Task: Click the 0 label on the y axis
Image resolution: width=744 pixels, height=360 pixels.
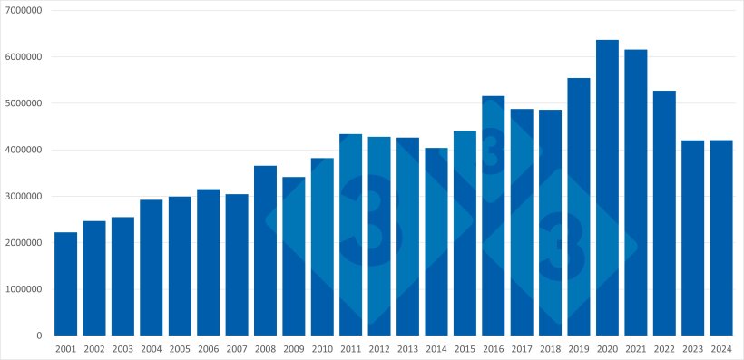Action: [x=39, y=336]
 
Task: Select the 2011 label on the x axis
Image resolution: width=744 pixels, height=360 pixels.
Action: [x=350, y=349]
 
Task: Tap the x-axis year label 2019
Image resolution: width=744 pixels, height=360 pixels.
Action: [x=578, y=349]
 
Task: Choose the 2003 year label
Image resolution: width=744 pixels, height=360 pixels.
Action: [x=122, y=349]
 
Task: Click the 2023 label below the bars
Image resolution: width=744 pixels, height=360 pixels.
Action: [x=692, y=349]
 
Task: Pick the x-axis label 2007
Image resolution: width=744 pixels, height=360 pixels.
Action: [x=236, y=349]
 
